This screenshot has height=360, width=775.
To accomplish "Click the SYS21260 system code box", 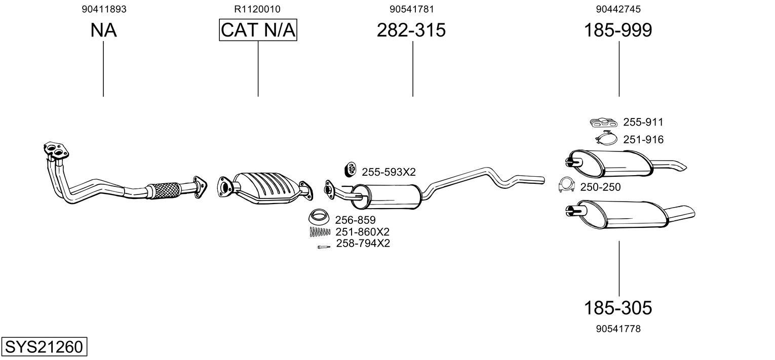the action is point(44,346).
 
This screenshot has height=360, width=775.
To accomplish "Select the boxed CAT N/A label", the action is point(258,30).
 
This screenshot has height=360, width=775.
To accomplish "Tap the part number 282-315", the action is point(411,30).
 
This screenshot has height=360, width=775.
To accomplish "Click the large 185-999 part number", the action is point(618,30).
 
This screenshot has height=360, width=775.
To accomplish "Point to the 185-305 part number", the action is point(618,307).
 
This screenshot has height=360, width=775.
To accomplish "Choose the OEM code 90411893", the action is point(104,9).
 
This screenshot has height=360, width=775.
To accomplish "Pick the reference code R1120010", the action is point(257,9).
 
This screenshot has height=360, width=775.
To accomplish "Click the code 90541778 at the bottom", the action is point(618,329).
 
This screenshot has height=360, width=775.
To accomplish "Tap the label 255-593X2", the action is point(389,172).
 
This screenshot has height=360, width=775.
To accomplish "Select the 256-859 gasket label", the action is point(355,220).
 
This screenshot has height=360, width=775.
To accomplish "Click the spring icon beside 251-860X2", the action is point(320,232).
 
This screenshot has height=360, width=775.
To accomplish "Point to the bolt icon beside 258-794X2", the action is point(324,247).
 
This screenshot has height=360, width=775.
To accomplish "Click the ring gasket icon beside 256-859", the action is point(319,217).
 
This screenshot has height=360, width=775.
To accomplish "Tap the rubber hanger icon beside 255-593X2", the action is point(351,169).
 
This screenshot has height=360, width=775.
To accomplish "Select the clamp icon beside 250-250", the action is point(566,185).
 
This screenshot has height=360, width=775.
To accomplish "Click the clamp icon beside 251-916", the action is point(606,138).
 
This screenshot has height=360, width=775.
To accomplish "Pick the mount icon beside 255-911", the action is point(604,122).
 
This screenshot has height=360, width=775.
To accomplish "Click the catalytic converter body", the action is point(266,188).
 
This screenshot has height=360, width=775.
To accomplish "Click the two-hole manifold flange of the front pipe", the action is point(56,151).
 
